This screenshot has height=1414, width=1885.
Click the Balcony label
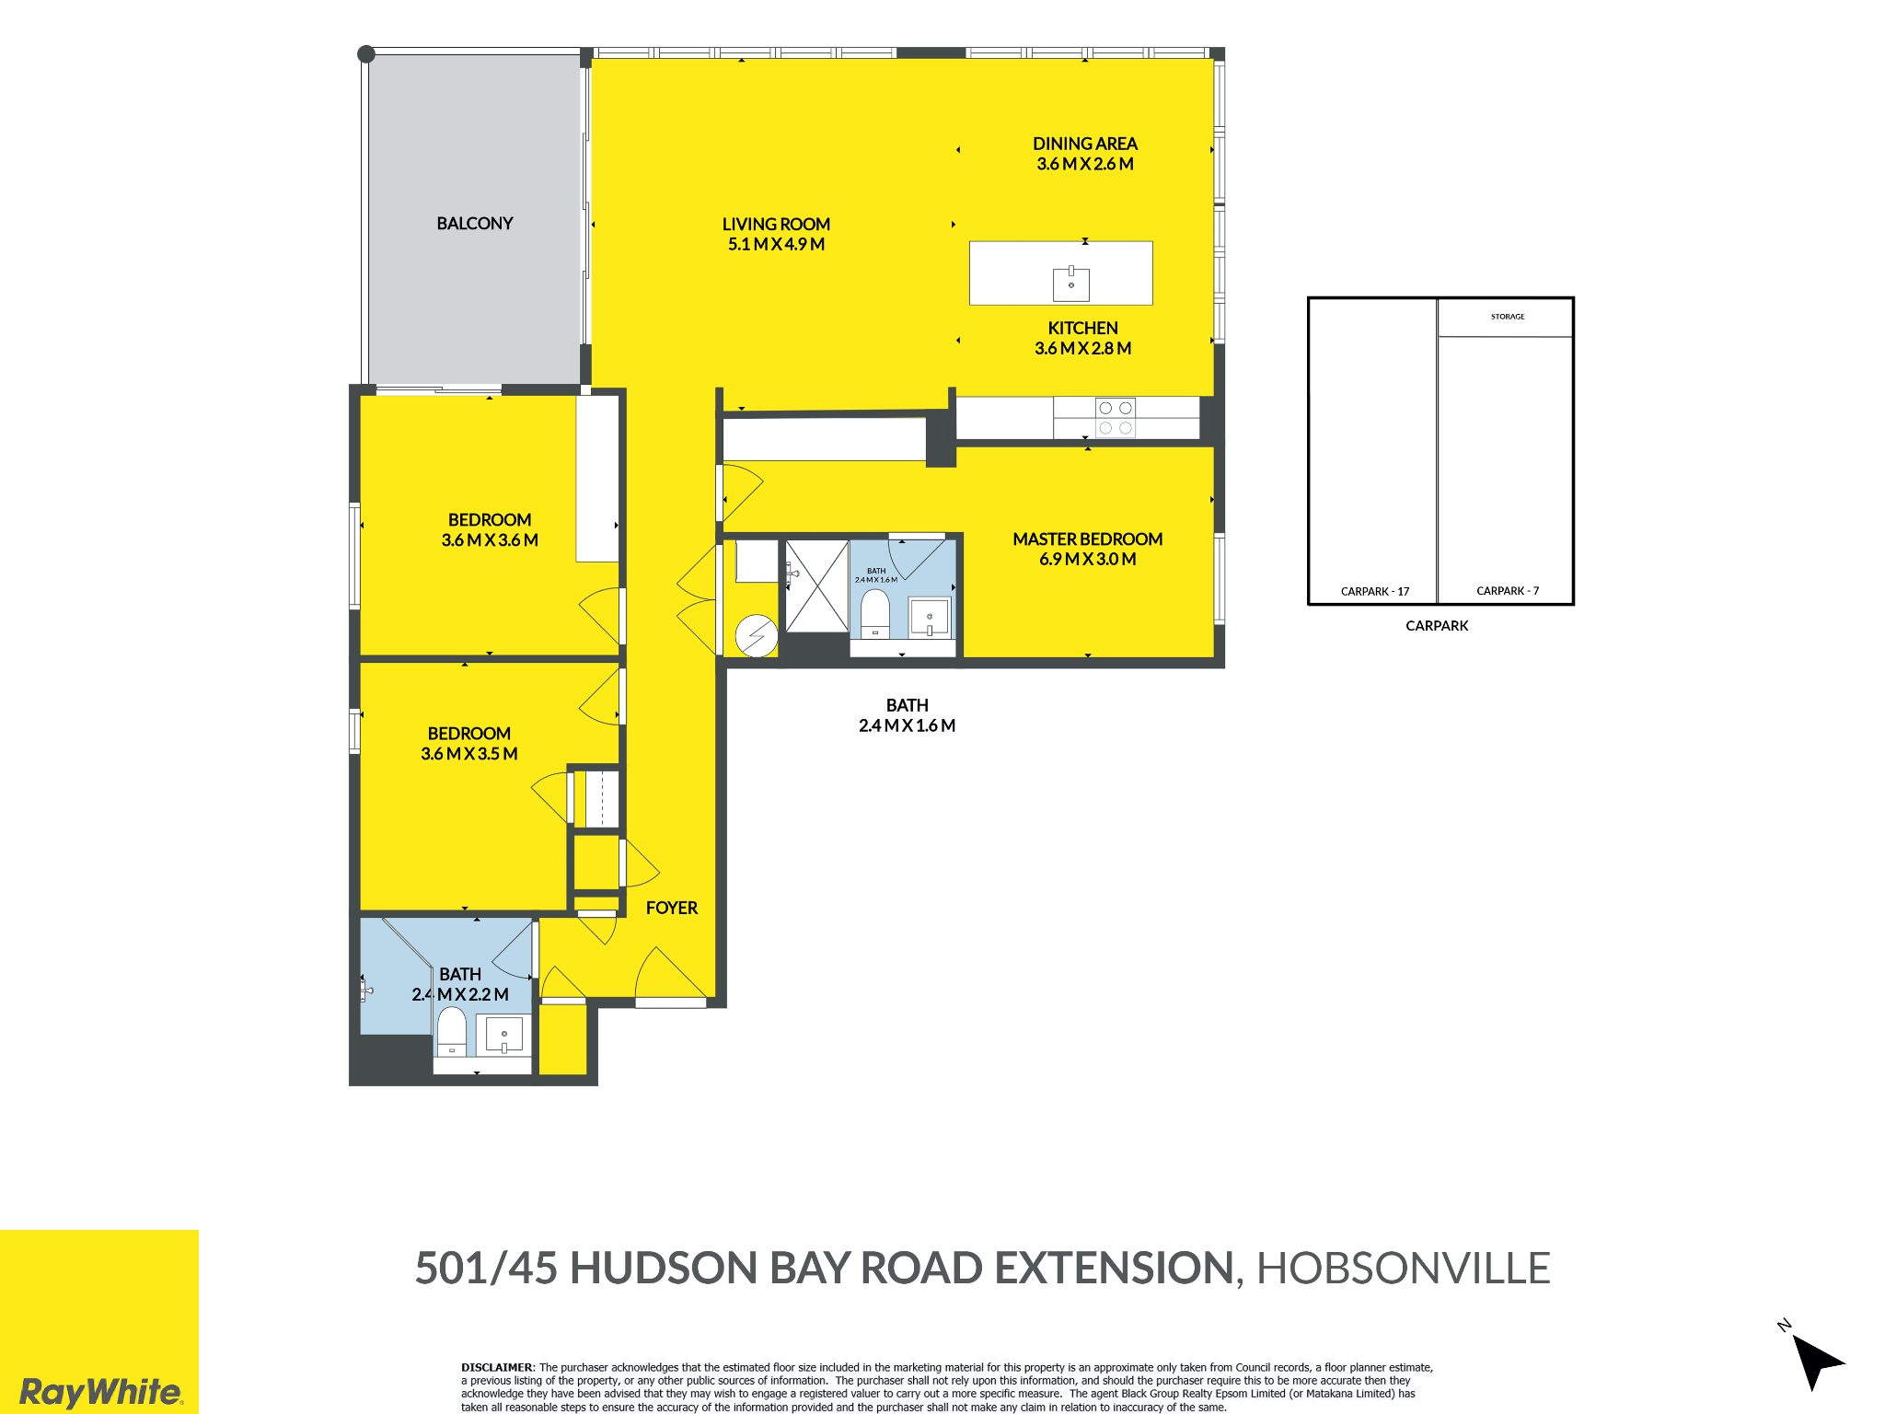tap(474, 224)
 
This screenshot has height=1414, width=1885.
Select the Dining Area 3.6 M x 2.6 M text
tap(1085, 154)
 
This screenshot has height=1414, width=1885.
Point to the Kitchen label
tap(1083, 328)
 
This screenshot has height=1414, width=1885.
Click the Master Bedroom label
tap(1088, 539)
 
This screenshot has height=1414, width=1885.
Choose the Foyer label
tap(672, 908)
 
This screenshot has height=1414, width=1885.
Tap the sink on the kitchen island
tap(1071, 284)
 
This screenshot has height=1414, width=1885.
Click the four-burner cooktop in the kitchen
tap(1116, 418)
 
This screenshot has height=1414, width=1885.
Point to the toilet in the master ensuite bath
tap(874, 613)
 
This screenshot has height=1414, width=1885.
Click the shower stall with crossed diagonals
tap(816, 586)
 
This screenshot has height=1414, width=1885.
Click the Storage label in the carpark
tap(1508, 317)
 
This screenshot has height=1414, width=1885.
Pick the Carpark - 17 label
tap(1375, 591)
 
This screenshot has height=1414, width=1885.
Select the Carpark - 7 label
tap(1508, 591)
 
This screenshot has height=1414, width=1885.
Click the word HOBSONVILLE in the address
tap(1404, 1269)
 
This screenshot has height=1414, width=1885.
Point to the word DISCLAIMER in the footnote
tap(497, 1368)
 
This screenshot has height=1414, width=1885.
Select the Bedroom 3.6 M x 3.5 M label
tap(469, 744)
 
